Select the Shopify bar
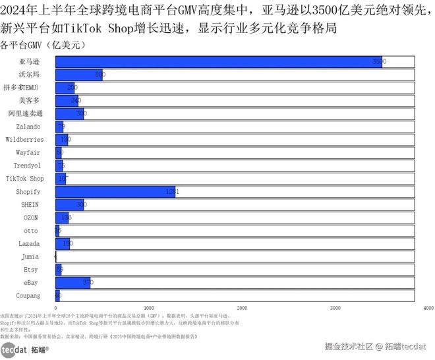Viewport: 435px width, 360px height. coord(115,191)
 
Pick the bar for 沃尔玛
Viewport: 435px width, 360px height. coord(78,75)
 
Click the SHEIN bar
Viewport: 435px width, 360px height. coord(69,204)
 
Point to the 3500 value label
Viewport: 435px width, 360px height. coord(378,61)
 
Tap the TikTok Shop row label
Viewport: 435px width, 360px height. coord(24,179)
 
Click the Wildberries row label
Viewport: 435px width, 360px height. coord(24,139)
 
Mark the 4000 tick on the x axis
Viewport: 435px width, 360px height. coord(428,308)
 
